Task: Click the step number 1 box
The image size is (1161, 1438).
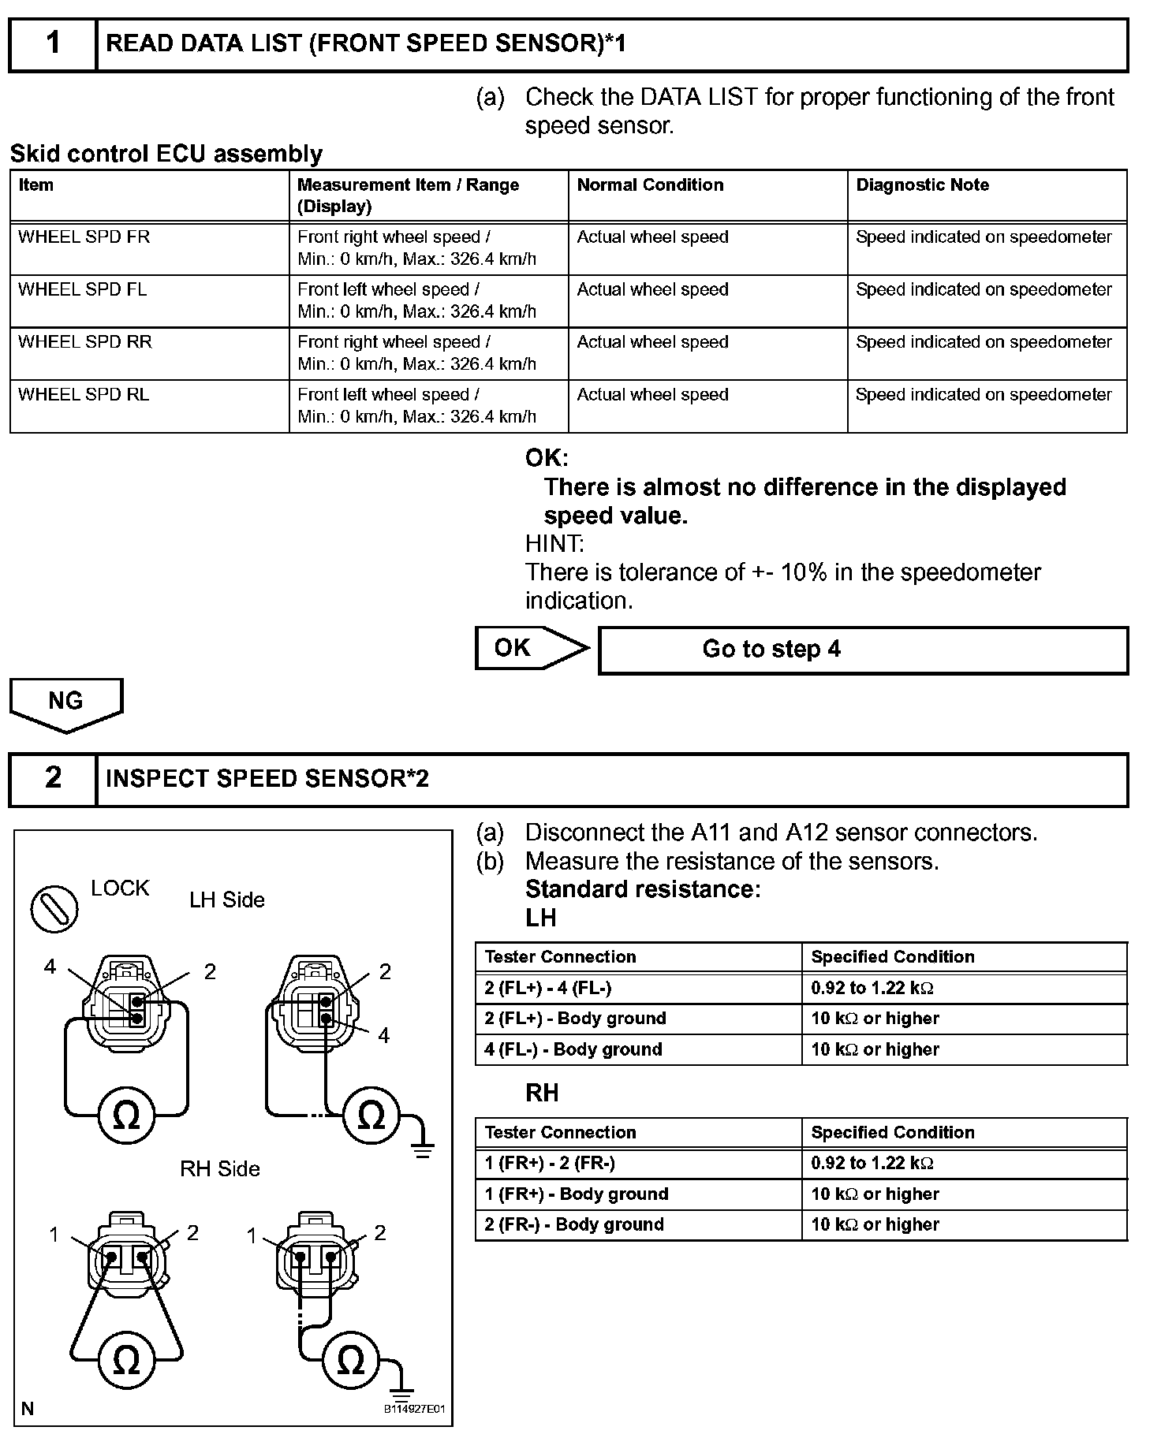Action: (x=53, y=44)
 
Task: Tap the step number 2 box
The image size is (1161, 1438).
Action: (x=53, y=779)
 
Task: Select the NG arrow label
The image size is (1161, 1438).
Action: (x=66, y=702)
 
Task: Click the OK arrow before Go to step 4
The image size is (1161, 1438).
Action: (x=530, y=648)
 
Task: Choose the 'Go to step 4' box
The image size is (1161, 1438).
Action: (x=863, y=650)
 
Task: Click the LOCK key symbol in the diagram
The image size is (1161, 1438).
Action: (x=54, y=908)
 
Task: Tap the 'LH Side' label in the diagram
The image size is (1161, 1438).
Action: (x=227, y=900)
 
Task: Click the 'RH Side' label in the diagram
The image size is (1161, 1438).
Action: (x=220, y=1168)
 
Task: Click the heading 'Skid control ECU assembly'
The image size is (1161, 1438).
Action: (x=166, y=154)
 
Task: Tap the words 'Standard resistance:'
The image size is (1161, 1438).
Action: (x=643, y=889)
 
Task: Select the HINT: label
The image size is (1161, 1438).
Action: (x=554, y=544)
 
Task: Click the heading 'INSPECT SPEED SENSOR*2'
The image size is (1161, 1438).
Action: (x=267, y=779)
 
